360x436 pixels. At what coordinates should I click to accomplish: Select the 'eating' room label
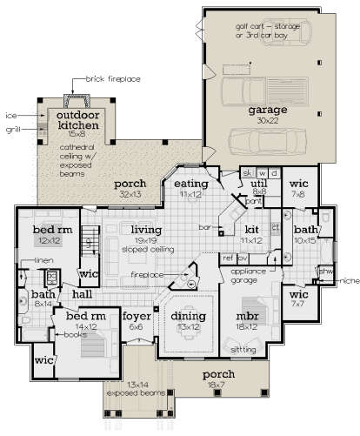click(189, 184)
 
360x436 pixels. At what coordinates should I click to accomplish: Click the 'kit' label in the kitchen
click(251, 228)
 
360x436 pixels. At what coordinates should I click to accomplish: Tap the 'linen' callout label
click(44, 260)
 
